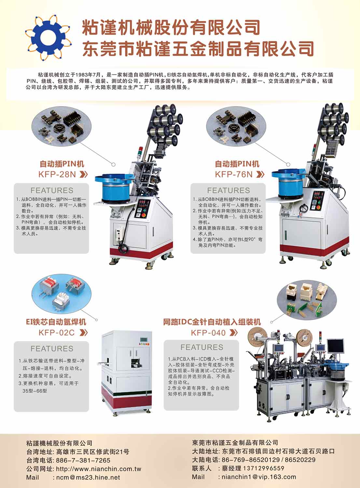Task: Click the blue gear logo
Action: pyautogui.click(x=48, y=38)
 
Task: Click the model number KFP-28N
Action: pyautogui.click(x=57, y=174)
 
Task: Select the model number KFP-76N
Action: pyautogui.click(x=234, y=174)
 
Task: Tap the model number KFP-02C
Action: pyautogui.click(x=57, y=333)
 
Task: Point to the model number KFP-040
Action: pyautogui.click(x=208, y=333)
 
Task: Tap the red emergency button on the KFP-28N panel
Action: pyautogui.click(x=144, y=215)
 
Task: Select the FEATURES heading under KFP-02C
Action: pyautogui.click(x=52, y=348)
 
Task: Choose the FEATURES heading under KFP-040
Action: pyautogui.click(x=202, y=347)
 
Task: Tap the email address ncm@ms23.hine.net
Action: pyautogui.click(x=88, y=478)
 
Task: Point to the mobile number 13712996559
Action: pyautogui.click(x=264, y=468)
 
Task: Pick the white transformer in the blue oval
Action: pyautogui.click(x=61, y=300)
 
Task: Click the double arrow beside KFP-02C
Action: pyautogui.click(x=83, y=333)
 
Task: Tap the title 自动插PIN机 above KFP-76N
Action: pyautogui.click(x=237, y=164)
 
